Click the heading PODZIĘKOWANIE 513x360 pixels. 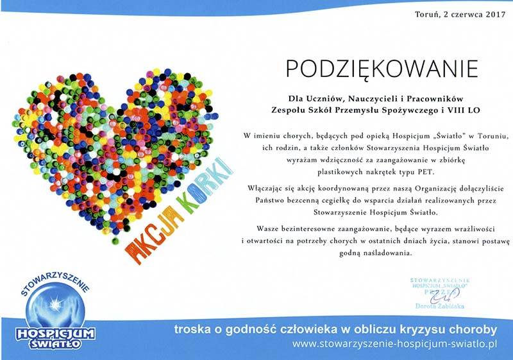pos(382,69)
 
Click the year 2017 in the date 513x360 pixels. pos(496,14)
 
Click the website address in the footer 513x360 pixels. pos(394,345)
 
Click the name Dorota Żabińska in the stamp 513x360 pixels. pos(440,306)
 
